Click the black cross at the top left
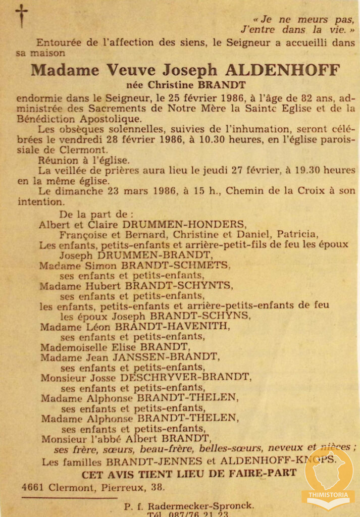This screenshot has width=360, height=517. pyautogui.click(x=21, y=15)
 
